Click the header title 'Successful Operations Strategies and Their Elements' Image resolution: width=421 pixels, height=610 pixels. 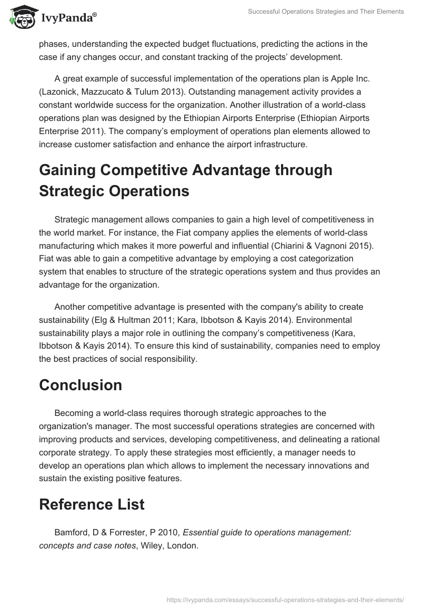pyautogui.click(x=326, y=12)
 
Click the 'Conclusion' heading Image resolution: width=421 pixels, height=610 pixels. pyautogui.click(x=81, y=385)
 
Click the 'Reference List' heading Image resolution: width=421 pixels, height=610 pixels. pyautogui.click(x=92, y=504)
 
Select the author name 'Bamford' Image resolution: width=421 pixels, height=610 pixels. pyautogui.click(x=73, y=532)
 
